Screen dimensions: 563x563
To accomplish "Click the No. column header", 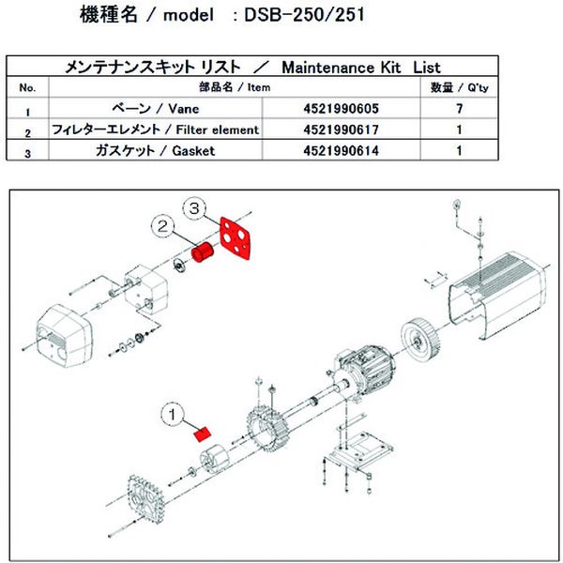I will pos(28,87).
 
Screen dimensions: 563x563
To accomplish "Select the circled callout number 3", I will pos(195,205).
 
